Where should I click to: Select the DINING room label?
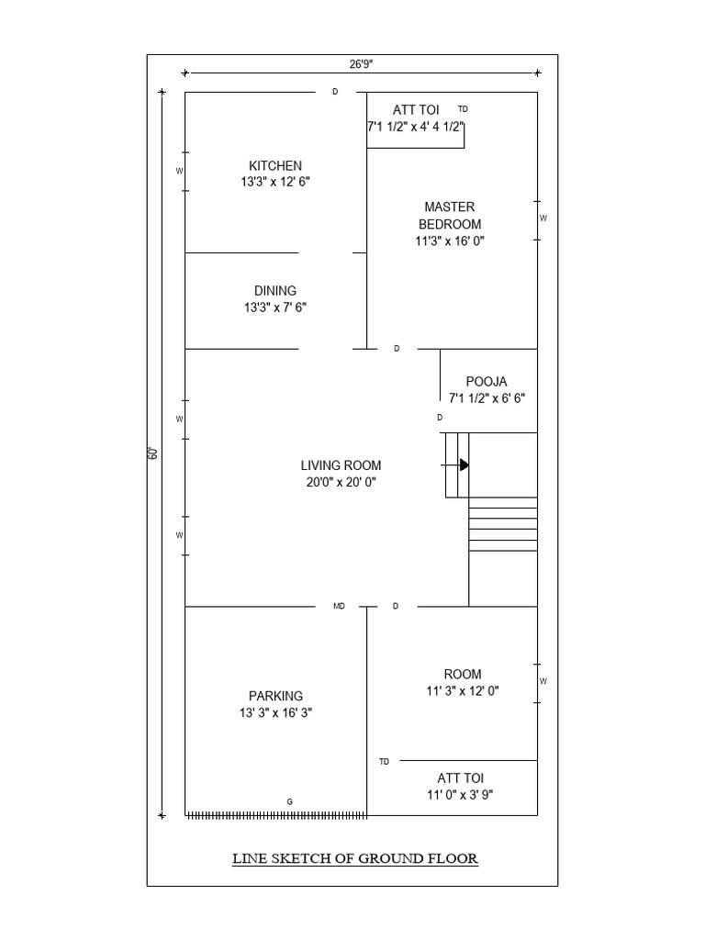click(275, 291)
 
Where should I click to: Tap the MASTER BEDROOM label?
click(449, 215)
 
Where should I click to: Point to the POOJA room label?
click(487, 381)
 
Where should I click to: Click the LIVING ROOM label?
click(341, 465)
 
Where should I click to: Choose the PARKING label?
click(275, 696)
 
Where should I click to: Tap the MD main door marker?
click(339, 606)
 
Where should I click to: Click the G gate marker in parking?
click(289, 801)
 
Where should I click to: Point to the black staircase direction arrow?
click(464, 465)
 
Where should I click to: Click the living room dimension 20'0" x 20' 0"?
click(341, 482)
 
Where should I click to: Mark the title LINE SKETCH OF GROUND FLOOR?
click(354, 859)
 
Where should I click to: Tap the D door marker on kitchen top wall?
click(335, 92)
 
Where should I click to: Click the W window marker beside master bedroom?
click(543, 218)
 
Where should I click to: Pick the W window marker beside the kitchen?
click(180, 171)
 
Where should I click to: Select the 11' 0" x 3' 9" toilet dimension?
click(460, 795)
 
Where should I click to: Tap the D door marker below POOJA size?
click(440, 417)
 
